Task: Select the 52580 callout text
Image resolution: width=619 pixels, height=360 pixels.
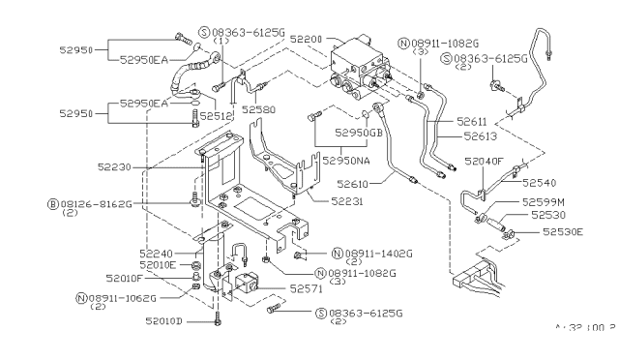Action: point(260,109)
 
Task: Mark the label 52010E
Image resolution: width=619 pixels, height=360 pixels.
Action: point(157,264)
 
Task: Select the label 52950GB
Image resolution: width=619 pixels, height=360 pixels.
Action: point(365,133)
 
